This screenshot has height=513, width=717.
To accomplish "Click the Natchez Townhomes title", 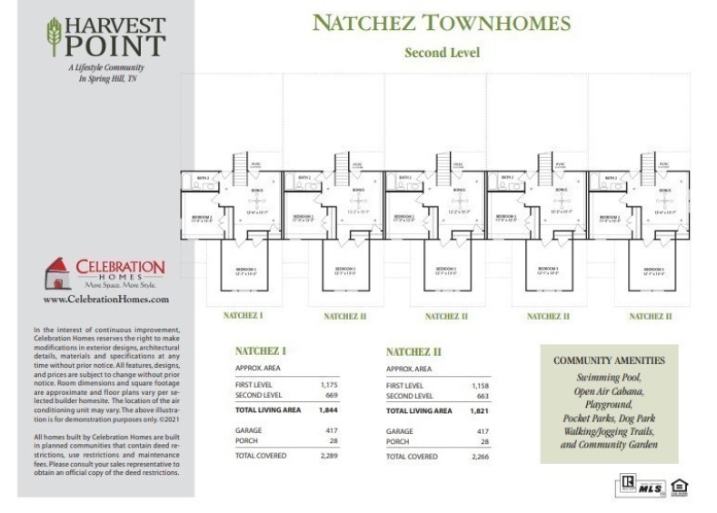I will point(441,24).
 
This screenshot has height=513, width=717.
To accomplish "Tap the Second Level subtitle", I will point(442,53).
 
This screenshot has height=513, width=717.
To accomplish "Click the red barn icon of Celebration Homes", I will point(57,271).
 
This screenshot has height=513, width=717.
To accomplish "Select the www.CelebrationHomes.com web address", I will point(106,299).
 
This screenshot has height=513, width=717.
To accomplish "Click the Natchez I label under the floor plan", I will point(243,315).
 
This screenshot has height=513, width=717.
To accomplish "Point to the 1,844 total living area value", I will point(328,410).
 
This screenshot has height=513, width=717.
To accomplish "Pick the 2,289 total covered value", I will point(328,456).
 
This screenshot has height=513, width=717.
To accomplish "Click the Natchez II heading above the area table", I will point(413,351).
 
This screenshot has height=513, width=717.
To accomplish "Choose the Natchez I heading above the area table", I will point(261,350).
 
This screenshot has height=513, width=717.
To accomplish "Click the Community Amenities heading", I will point(609,360).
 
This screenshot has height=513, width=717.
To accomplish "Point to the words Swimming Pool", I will point(609,377).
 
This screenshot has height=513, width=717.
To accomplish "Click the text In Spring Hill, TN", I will point(106,80).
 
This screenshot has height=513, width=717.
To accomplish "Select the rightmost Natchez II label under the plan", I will point(650,316).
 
